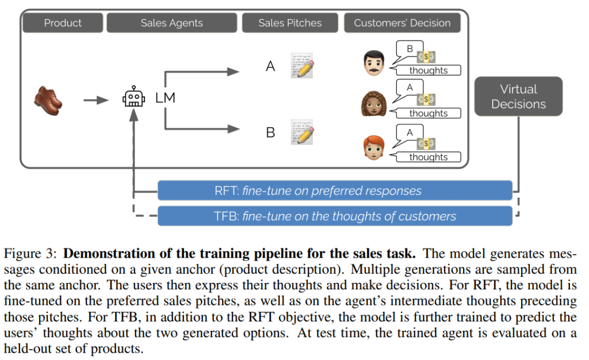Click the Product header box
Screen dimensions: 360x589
(x=63, y=23)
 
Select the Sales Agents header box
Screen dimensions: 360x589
(x=171, y=23)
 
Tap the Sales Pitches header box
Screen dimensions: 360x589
(x=290, y=23)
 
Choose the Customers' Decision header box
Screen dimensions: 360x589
(x=402, y=23)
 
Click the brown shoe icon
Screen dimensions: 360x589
(x=48, y=99)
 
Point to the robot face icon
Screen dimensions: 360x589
(x=133, y=98)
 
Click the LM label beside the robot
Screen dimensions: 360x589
(x=165, y=98)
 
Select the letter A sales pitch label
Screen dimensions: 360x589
(x=270, y=67)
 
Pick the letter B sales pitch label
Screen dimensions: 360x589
(x=270, y=133)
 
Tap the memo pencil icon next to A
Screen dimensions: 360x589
(x=303, y=66)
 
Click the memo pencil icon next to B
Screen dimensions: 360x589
(x=303, y=132)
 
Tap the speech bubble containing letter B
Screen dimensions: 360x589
(x=410, y=50)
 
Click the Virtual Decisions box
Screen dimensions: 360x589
(x=518, y=97)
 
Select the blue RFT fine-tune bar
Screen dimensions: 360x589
(x=334, y=190)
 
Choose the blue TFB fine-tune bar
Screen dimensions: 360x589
(x=334, y=216)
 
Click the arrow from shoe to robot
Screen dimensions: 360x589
(x=95, y=100)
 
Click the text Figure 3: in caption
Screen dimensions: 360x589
(x=30, y=254)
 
